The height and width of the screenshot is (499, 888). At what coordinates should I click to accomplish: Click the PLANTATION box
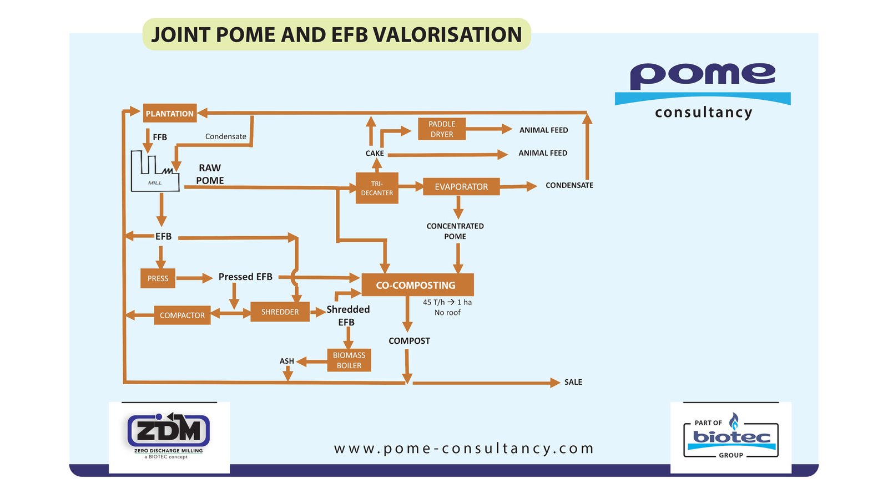coord(169,114)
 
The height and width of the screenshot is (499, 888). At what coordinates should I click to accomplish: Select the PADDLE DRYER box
coord(442,129)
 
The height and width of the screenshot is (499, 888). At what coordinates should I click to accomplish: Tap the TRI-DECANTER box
coord(377,188)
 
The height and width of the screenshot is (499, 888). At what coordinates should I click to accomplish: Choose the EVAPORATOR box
coord(461,187)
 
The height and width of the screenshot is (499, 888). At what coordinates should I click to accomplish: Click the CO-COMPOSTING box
coord(417,285)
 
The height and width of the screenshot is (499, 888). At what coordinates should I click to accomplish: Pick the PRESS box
coord(158,278)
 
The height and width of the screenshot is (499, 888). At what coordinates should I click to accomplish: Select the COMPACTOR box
coord(182,315)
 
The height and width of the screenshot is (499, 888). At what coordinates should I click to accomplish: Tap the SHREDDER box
coord(280,312)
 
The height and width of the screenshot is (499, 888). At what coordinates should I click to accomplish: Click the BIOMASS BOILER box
coord(349,360)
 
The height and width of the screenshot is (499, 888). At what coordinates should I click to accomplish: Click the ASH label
coord(287,361)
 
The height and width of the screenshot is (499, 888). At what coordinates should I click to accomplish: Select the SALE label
coord(573,382)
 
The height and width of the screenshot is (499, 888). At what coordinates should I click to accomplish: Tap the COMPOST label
coord(409,340)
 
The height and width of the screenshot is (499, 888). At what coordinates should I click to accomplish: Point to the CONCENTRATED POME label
coord(455,231)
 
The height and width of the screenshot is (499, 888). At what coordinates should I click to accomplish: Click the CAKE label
coord(375,153)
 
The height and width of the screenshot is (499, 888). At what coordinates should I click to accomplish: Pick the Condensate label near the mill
coord(225,136)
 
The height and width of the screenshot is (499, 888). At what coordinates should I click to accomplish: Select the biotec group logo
coord(731,437)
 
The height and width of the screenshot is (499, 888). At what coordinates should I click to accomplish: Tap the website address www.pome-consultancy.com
coord(464,448)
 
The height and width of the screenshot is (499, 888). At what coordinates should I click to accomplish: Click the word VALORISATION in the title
coord(447,34)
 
